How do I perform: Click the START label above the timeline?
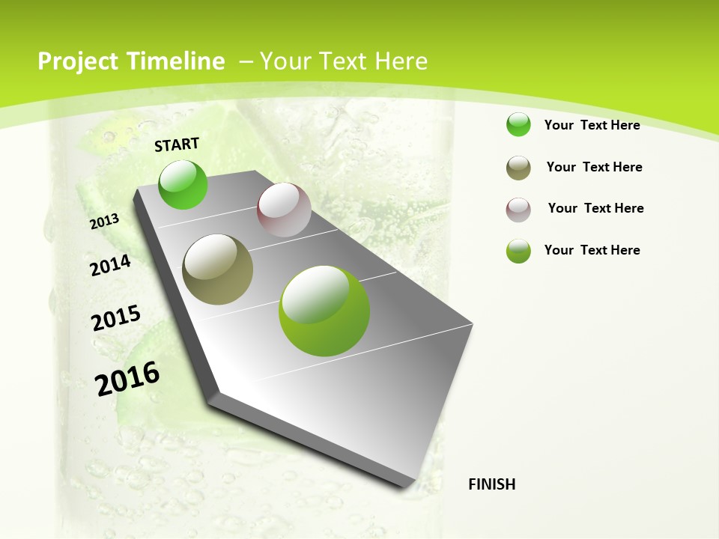click(x=177, y=144)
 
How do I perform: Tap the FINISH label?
click(x=492, y=484)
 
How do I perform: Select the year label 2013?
click(x=105, y=221)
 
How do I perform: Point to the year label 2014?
click(x=111, y=265)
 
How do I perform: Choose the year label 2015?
click(x=116, y=317)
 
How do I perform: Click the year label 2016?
click(x=127, y=378)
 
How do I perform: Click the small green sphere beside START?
click(x=183, y=184)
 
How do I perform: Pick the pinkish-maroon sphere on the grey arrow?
click(x=284, y=210)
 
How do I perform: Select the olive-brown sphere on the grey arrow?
click(x=217, y=269)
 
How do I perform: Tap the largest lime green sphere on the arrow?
click(x=324, y=311)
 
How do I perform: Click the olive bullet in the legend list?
click(x=518, y=168)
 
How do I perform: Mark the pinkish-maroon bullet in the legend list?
click(x=518, y=210)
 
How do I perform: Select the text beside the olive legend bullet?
click(x=594, y=167)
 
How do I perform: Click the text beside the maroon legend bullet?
click(x=595, y=208)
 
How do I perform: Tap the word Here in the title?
click(x=401, y=61)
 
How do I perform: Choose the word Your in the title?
click(x=285, y=61)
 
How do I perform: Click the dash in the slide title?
click(x=245, y=61)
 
